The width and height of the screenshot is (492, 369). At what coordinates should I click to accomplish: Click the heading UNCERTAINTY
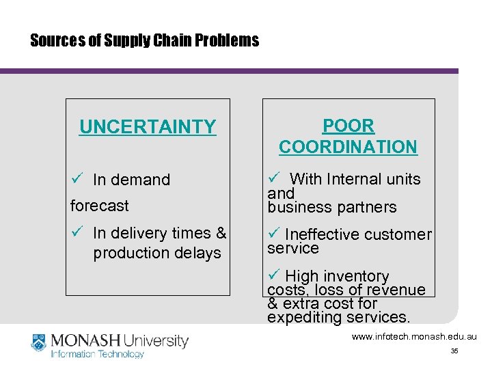pyautogui.click(x=148, y=127)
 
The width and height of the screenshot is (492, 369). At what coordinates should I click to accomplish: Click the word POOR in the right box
pyautogui.click(x=348, y=126)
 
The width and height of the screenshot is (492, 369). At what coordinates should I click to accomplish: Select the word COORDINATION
pyautogui.click(x=348, y=147)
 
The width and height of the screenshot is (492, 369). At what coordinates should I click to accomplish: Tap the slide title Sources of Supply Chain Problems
pyautogui.click(x=145, y=40)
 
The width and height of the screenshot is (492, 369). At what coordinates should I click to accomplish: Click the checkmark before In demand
pyautogui.click(x=77, y=179)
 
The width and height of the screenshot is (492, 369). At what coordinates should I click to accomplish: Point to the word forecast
pyautogui.click(x=99, y=205)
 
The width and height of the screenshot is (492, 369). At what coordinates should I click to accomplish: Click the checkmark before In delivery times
pyautogui.click(x=77, y=232)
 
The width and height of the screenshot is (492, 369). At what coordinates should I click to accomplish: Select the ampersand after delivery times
pyautogui.click(x=221, y=233)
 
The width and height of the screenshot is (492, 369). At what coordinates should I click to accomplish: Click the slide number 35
pyautogui.click(x=454, y=351)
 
